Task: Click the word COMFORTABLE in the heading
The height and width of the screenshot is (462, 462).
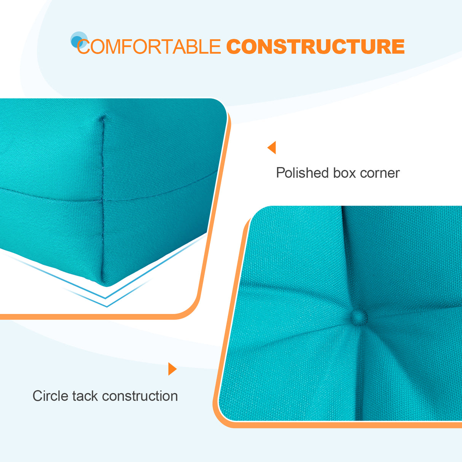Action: click(148, 47)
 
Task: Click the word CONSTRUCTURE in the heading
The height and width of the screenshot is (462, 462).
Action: click(315, 47)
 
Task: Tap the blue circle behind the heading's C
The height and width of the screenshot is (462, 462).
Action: click(78, 40)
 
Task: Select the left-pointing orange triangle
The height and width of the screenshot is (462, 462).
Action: click(272, 147)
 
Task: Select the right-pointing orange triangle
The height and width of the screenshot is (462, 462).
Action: click(172, 369)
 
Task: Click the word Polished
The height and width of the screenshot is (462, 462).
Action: click(302, 173)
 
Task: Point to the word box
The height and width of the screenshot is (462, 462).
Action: click(344, 173)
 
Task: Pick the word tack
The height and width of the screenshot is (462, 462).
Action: click(85, 396)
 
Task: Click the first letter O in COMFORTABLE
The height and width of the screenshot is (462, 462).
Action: click(97, 47)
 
